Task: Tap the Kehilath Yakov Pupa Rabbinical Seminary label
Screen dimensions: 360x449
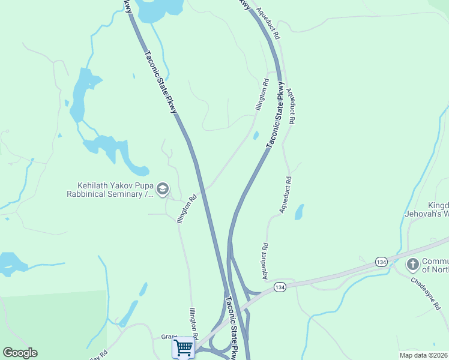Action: [112, 190]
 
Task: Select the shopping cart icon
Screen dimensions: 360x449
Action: [183, 347]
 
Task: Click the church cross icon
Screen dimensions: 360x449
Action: [412, 265]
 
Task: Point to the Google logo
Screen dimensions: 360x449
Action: [20, 353]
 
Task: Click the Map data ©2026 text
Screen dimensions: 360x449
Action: [423, 355]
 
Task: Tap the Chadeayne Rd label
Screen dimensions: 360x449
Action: [426, 293]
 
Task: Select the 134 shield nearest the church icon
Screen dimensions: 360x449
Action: [381, 262]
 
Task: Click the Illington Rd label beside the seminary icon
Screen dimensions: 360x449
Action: [187, 209]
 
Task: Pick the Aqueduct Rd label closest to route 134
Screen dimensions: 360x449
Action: [264, 260]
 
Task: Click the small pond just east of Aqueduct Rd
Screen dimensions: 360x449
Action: [299, 212]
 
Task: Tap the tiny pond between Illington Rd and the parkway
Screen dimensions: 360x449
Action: [256, 135]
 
